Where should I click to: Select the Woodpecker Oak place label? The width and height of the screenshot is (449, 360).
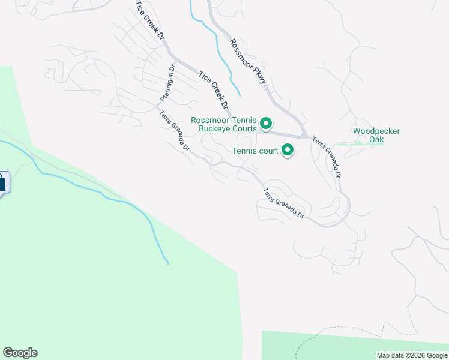coord(376,136)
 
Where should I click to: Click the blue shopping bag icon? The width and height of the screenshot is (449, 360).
coord(2,182)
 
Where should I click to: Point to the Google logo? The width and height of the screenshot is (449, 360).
coord(20,353)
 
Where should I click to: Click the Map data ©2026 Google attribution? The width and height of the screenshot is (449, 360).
coord(412,355)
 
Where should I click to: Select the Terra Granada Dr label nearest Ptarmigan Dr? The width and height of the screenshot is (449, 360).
coord(175,131)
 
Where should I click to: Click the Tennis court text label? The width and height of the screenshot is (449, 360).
coord(255,151)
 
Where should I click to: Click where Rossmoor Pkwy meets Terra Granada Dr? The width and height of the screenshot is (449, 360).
coord(305,136)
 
